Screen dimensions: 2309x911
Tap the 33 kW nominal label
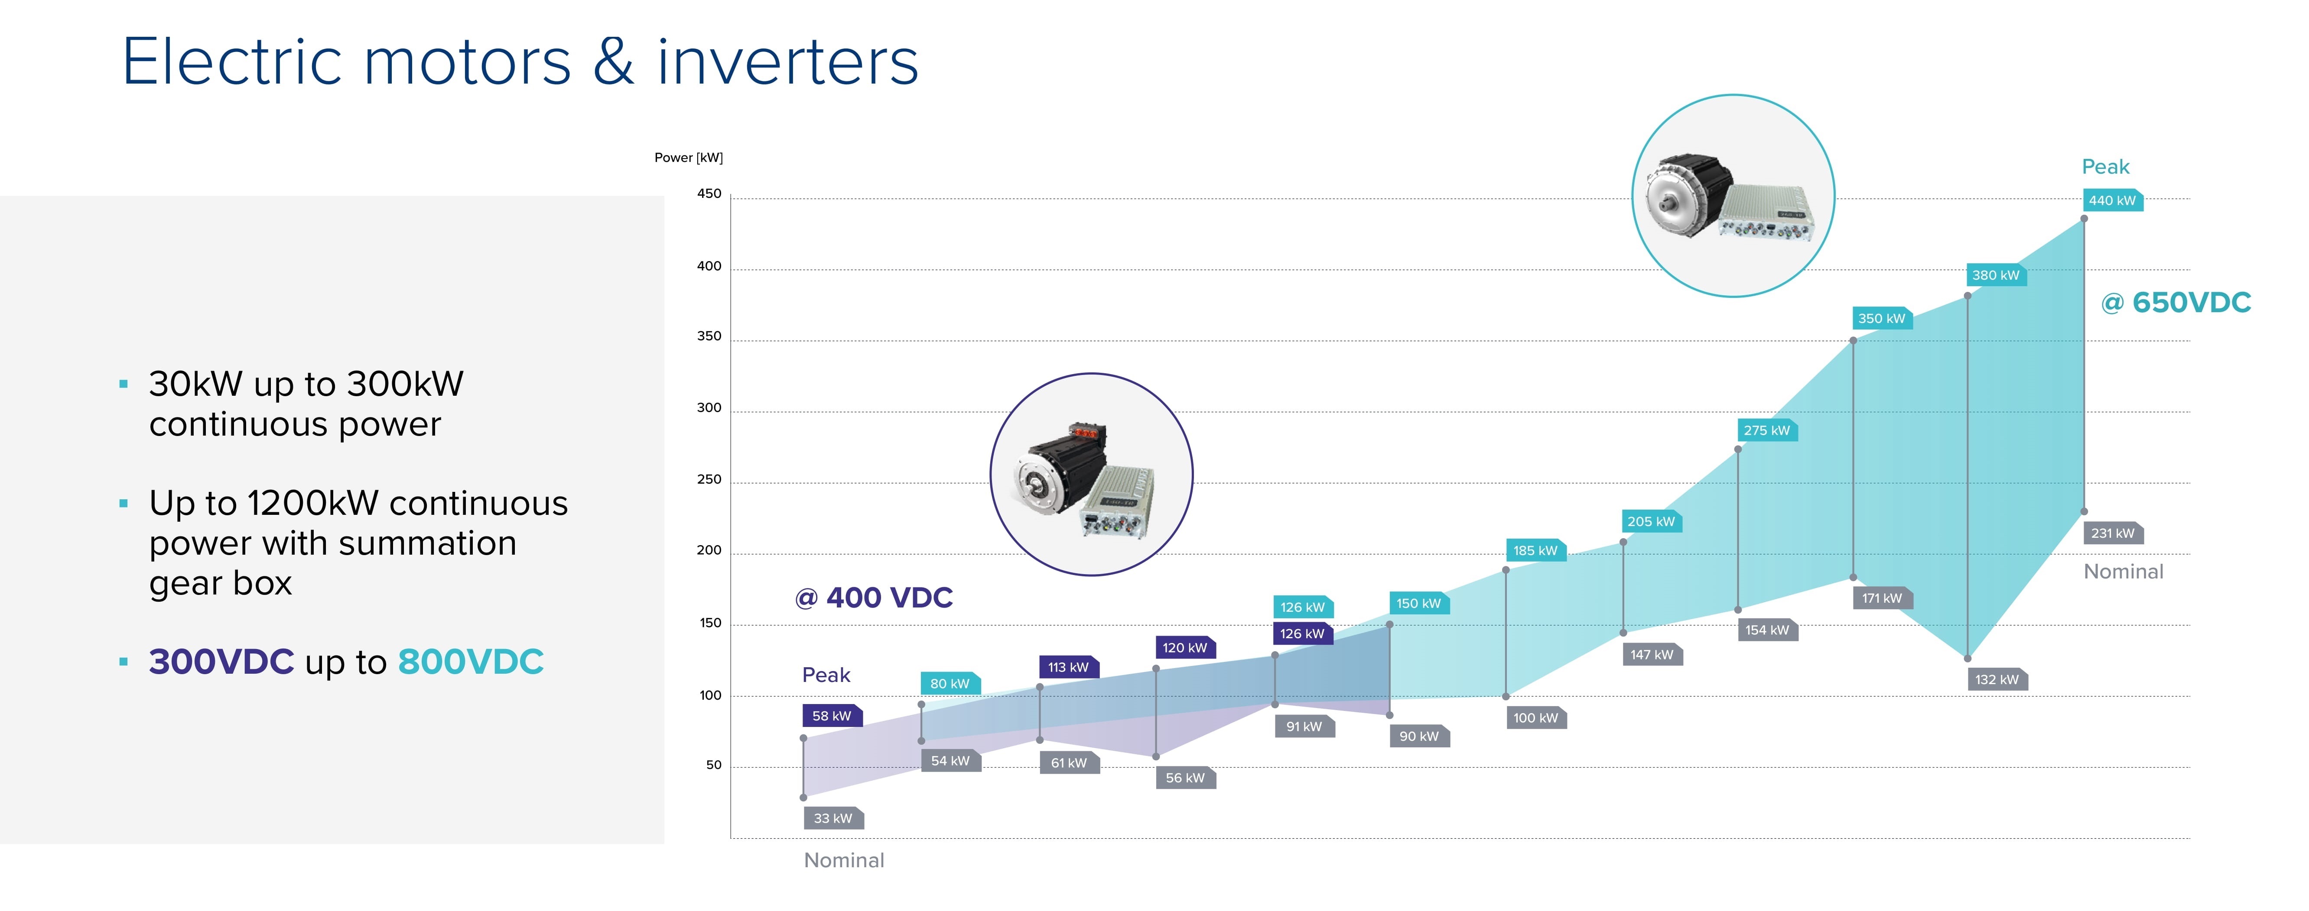833,818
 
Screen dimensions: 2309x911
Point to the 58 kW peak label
832,716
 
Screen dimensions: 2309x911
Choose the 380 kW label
1996,275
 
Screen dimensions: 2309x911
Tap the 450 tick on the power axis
709,194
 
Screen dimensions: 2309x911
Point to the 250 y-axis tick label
709,479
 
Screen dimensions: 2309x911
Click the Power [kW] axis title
688,158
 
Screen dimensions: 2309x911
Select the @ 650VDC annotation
2176,303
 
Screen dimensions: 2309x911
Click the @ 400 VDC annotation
874,598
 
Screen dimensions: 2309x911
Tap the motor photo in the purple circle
1091,474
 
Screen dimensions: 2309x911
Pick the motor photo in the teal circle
1733,195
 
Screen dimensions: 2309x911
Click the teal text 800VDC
471,662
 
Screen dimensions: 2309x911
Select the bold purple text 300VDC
221,662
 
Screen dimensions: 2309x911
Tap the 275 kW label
1767,430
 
